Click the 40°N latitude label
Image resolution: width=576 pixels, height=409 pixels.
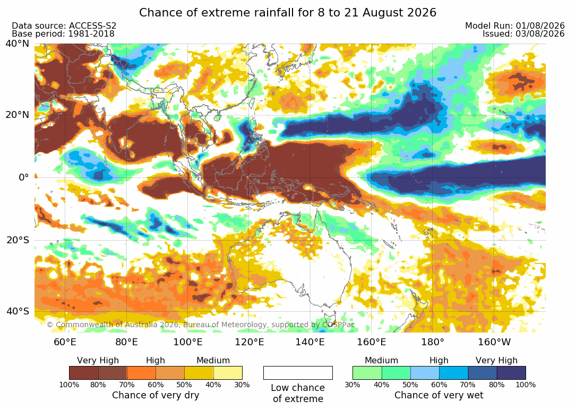(17, 44)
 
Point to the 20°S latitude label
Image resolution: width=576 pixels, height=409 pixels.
(17, 240)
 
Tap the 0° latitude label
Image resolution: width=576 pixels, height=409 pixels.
(23, 177)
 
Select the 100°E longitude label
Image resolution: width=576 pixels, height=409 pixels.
(188, 342)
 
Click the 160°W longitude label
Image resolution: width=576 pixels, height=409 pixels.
(494, 342)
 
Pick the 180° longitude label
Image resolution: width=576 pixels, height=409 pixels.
(433, 342)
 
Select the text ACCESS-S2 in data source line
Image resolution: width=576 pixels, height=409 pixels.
(92, 25)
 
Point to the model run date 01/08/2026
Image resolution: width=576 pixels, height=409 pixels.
(540, 25)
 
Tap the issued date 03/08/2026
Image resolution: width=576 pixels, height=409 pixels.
(540, 34)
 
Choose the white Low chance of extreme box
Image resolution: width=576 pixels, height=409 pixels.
(298, 373)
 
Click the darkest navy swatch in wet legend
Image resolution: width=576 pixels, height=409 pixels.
(511, 373)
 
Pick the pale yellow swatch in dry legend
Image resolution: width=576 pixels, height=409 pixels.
(228, 373)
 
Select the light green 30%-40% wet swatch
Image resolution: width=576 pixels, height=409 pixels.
(367, 373)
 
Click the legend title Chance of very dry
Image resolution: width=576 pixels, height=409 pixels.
(156, 395)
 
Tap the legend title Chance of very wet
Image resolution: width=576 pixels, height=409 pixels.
(439, 395)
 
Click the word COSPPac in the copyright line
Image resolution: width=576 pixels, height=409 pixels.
(339, 325)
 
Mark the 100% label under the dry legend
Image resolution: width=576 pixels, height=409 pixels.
(69, 385)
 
